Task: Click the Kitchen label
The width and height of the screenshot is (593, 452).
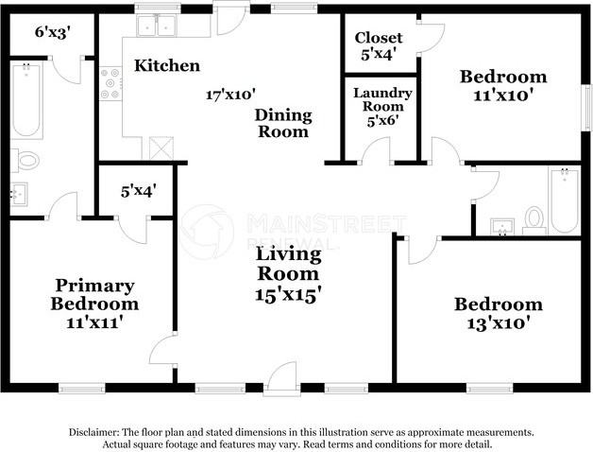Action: click(x=166, y=65)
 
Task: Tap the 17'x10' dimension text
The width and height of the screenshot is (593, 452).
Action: click(x=231, y=95)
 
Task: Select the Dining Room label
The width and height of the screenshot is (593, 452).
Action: click(x=284, y=123)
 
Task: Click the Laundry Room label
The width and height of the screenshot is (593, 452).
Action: click(x=382, y=100)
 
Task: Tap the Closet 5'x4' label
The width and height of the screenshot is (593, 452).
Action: click(x=379, y=45)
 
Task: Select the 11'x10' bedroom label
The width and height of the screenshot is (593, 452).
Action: click(x=502, y=85)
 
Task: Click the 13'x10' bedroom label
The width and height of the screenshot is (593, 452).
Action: click(x=499, y=313)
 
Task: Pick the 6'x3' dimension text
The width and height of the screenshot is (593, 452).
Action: click(x=53, y=32)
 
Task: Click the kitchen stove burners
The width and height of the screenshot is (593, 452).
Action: click(x=110, y=82)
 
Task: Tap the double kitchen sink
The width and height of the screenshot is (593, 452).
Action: click(x=158, y=26)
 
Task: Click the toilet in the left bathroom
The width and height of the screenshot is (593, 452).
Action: click(x=25, y=160)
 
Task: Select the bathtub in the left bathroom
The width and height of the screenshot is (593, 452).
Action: click(x=25, y=99)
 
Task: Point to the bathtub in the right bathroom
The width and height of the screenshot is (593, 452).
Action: click(x=565, y=200)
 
